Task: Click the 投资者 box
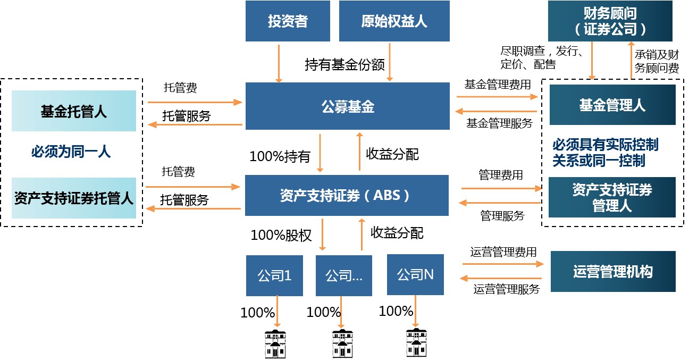pos(288,21)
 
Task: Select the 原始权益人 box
pos(394,21)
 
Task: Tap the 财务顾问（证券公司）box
pos(610,21)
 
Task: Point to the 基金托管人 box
pos(74,111)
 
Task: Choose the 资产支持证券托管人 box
pos(74,198)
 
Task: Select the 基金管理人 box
pos(612,105)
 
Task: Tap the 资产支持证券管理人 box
pos(612,197)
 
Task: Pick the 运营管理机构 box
pos(612,272)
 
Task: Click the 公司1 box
pos(274,275)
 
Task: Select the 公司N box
pos(415,274)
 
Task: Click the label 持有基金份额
pos(344,65)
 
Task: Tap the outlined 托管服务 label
pos(190,116)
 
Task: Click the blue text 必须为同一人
pos(71,153)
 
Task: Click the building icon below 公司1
pos(275,344)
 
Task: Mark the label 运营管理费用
pos(503,252)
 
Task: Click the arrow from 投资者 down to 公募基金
pos(279,63)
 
